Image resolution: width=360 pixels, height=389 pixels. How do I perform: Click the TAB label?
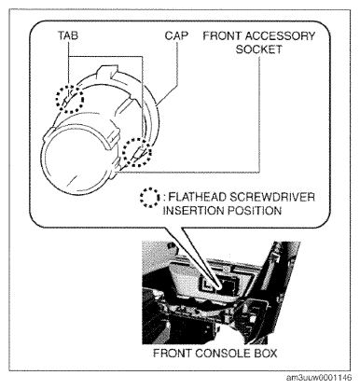click(67, 35)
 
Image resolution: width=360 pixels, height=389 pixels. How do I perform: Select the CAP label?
click(176, 35)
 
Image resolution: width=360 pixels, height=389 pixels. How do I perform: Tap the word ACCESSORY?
click(280, 36)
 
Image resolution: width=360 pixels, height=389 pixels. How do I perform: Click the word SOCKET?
click(258, 49)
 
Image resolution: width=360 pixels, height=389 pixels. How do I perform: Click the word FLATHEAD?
click(197, 197)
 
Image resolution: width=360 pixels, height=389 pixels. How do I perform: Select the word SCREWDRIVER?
click(272, 197)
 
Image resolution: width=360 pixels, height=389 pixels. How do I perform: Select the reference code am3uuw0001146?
click(319, 378)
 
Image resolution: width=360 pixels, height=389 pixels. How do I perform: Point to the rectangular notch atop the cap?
click(108, 71)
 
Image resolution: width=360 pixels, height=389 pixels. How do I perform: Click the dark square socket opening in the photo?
click(228, 285)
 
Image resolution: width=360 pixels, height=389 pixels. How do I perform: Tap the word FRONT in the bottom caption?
click(173, 354)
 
